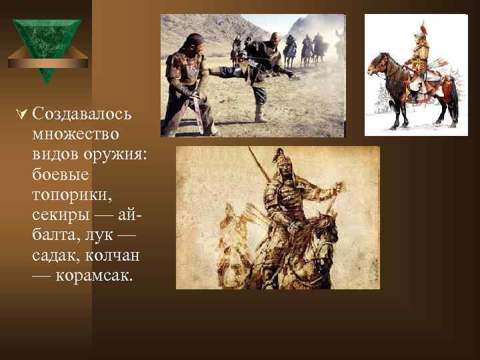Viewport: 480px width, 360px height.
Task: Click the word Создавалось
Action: pos(81,114)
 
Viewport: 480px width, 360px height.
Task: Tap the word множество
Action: pos(75,134)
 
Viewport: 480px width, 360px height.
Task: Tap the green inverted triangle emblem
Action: pos(46,47)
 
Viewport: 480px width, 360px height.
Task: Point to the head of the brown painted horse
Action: pos(375,63)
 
